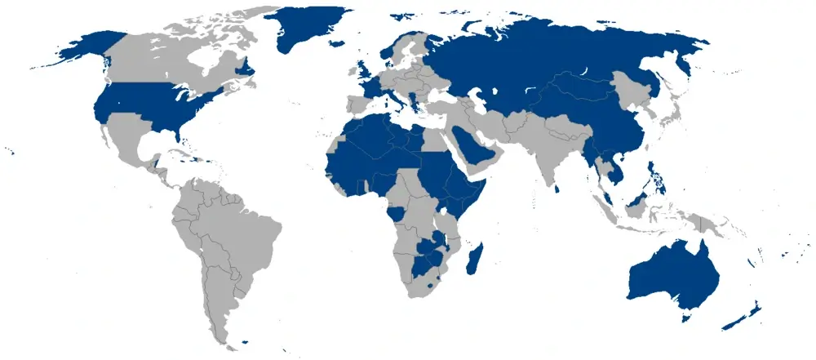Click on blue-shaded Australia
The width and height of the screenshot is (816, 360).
click(x=669, y=273)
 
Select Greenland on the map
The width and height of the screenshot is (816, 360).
click(x=306, y=29)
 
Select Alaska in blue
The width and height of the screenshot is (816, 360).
click(x=86, y=49)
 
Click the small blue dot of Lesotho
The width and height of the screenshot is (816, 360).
click(x=429, y=288)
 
